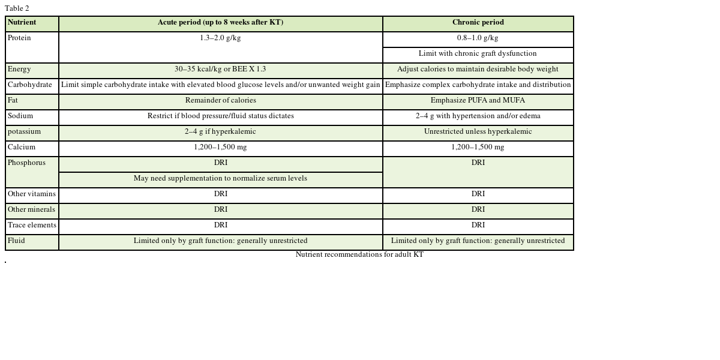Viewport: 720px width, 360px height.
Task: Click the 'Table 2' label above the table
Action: coord(17,8)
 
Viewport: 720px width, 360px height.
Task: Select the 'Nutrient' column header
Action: coord(22,23)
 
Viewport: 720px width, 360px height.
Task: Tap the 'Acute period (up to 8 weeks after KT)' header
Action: coord(220,23)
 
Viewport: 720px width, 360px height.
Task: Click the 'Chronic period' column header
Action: coord(478,23)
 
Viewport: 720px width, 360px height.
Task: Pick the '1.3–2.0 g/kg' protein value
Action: coord(220,38)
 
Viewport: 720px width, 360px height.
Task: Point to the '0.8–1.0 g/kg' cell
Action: coord(478,38)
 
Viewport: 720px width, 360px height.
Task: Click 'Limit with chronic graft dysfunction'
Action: coord(478,54)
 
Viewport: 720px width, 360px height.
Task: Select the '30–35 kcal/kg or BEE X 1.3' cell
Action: coord(220,70)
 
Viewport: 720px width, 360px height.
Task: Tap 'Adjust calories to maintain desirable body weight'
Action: coord(478,70)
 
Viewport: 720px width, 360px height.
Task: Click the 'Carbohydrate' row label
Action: coord(30,85)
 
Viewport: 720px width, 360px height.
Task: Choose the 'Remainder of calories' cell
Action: coord(220,101)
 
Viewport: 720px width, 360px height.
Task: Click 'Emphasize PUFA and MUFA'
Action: coord(478,101)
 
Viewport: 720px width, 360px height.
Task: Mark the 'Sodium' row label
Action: coord(20,116)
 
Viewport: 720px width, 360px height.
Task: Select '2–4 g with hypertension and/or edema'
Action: coord(478,116)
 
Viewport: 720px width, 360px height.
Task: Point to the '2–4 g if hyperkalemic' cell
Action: coord(220,132)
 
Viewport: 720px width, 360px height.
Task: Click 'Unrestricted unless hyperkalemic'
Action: coord(478,132)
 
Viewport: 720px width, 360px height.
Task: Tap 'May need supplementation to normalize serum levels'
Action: coord(220,179)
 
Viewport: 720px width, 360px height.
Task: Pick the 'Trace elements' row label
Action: coord(32,226)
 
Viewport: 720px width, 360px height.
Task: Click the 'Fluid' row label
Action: coord(16,241)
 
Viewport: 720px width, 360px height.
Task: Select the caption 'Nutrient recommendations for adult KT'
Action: coord(359,255)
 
